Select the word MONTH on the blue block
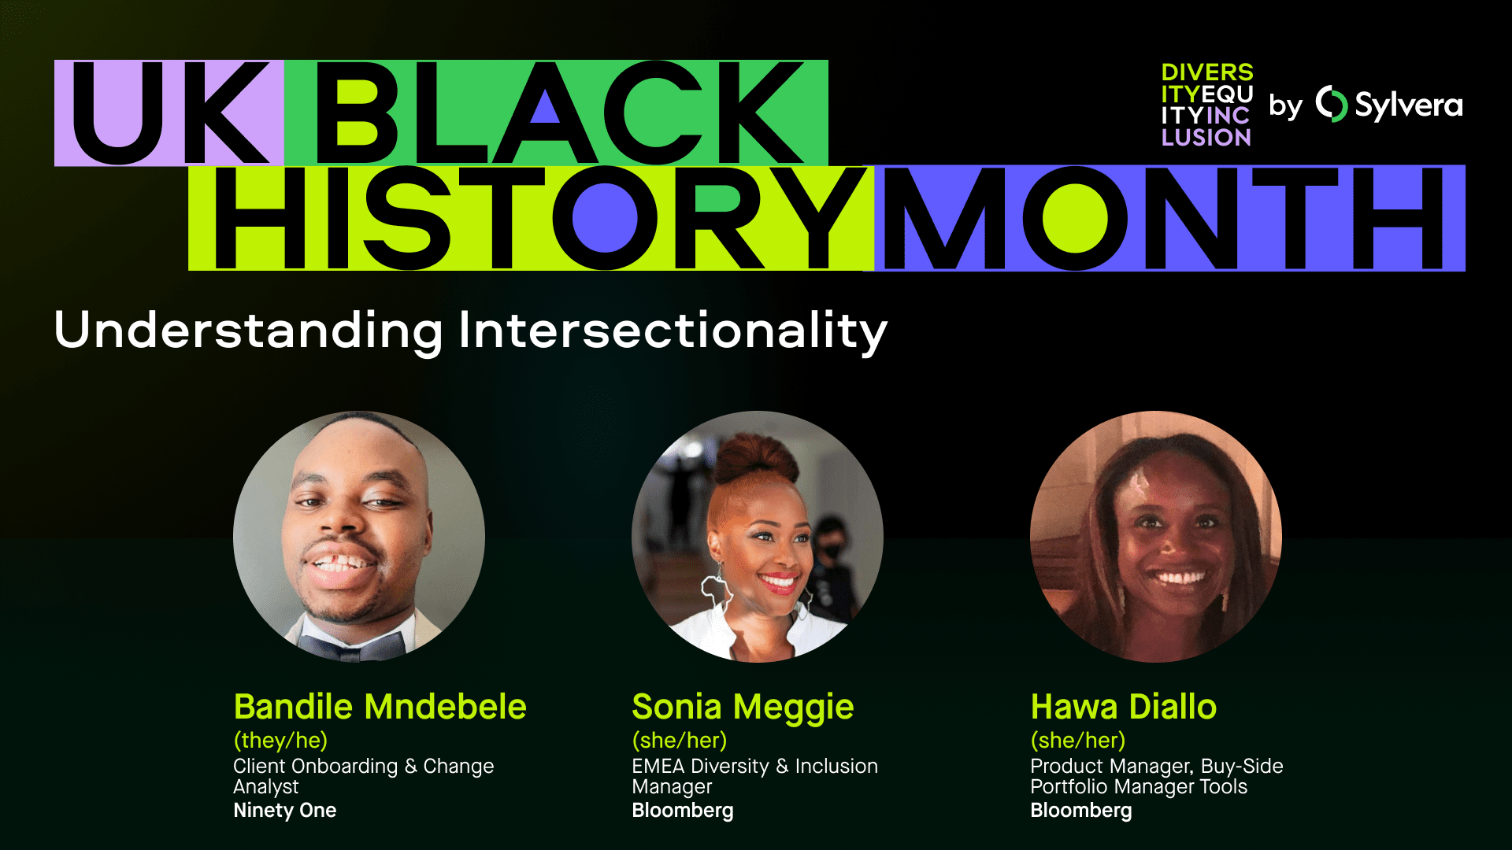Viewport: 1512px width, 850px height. click(1164, 218)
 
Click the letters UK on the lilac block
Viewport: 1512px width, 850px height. click(169, 113)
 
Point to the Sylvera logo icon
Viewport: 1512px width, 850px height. click(1332, 104)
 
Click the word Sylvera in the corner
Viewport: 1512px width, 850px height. click(1408, 105)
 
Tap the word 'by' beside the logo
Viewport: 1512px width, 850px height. click(1285, 106)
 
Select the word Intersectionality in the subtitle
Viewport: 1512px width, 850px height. click(673, 331)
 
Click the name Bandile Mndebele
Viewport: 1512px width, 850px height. click(380, 707)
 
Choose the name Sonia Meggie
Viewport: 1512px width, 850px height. click(743, 707)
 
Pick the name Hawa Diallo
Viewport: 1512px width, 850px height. click(1123, 707)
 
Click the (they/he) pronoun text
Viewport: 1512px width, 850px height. click(280, 741)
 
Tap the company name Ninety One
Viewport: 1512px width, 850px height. click(284, 811)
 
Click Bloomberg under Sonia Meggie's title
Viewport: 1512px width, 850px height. click(682, 811)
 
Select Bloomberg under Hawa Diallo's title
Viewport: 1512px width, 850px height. click(1080, 811)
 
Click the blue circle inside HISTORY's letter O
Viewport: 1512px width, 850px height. click(605, 218)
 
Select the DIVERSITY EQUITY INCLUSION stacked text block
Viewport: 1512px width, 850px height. click(1206, 105)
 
